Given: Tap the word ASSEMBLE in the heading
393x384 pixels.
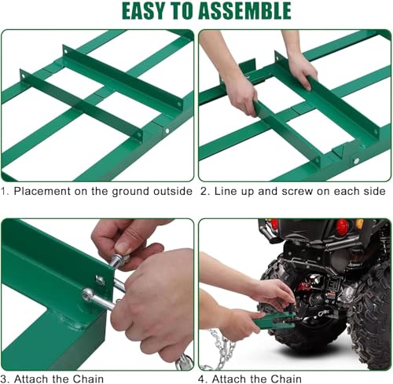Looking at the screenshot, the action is click(x=244, y=11).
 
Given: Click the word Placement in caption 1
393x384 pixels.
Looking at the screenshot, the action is click(x=42, y=192).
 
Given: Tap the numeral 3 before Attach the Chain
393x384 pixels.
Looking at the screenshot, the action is click(x=4, y=379).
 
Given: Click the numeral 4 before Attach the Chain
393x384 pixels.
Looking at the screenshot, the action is click(x=201, y=379).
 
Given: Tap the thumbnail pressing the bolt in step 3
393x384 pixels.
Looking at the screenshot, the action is click(x=123, y=247).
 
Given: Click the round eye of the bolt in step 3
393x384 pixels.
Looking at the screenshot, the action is click(x=87, y=294).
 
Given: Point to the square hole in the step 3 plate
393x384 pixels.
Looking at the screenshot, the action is click(x=101, y=280).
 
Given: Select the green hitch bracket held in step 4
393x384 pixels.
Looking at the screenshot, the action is click(x=274, y=320).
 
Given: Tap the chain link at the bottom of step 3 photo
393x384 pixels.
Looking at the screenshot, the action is click(x=184, y=362).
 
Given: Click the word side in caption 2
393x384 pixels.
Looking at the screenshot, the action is click(x=375, y=191).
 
